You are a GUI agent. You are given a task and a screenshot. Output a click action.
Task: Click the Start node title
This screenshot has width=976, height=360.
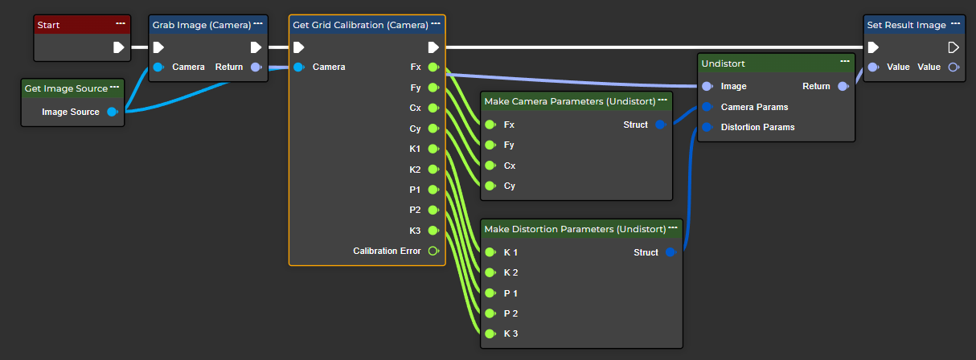click(50, 25)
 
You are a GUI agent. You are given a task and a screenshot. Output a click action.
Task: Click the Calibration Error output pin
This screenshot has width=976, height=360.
click(433, 251)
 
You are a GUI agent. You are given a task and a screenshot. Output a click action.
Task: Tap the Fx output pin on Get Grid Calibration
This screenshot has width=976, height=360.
click(433, 67)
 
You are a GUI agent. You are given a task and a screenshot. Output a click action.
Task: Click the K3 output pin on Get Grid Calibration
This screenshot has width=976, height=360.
click(433, 231)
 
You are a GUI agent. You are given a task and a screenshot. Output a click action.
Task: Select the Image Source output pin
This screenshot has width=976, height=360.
click(113, 112)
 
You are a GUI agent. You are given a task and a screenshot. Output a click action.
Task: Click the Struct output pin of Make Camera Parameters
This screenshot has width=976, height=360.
click(660, 125)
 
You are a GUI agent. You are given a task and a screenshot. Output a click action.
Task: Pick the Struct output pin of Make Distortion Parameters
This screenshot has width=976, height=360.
click(670, 252)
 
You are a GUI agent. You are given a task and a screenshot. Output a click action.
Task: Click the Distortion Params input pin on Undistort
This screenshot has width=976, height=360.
click(707, 127)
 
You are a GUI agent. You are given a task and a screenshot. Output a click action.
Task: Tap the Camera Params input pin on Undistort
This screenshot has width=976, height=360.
click(707, 107)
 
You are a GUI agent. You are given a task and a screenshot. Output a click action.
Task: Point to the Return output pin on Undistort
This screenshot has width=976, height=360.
click(843, 86)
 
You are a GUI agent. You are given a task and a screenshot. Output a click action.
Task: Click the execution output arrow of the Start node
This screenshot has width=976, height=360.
click(119, 47)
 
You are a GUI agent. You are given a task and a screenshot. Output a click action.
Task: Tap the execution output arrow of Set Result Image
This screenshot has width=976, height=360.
click(953, 47)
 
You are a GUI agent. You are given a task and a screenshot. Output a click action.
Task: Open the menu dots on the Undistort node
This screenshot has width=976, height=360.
click(845, 61)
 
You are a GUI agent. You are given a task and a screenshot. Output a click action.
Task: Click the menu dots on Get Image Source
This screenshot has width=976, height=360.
click(115, 87)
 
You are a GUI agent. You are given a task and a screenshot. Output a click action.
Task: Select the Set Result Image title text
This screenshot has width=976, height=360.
click(906, 25)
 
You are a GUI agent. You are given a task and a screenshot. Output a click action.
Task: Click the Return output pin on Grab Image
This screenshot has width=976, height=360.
click(256, 67)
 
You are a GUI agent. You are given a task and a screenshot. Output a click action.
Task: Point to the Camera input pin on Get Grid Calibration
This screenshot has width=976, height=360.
click(298, 67)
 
